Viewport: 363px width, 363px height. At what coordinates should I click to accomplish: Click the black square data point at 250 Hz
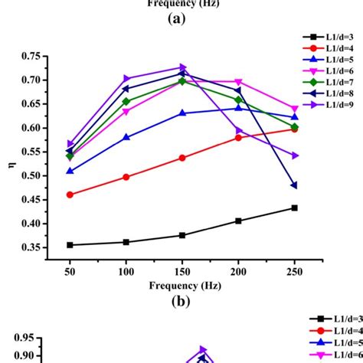tap(294, 208)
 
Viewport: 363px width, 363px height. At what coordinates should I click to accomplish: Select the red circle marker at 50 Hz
tap(70, 195)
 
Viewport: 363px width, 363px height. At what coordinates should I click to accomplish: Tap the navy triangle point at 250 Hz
tap(294, 185)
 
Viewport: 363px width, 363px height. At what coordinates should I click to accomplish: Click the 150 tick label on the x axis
tap(182, 273)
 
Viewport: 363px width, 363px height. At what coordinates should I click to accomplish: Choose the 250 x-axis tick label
tap(294, 273)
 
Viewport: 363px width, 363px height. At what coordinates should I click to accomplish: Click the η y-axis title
tap(11, 162)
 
